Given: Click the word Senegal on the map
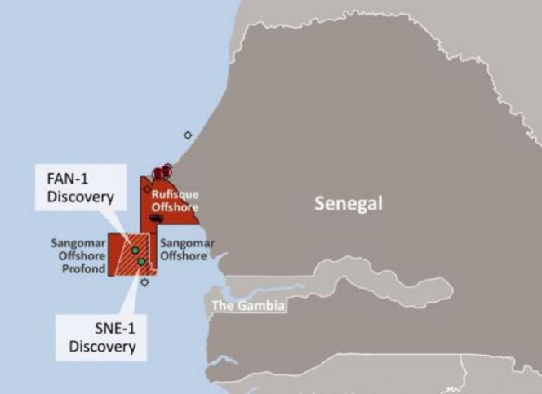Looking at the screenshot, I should click(x=348, y=203).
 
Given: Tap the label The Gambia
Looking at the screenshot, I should click(x=248, y=307).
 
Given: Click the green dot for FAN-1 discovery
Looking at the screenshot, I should click(x=135, y=250).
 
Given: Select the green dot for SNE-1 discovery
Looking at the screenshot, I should click(x=142, y=262).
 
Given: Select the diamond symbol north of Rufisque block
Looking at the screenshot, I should click(x=188, y=135).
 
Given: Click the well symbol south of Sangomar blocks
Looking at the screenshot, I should click(x=144, y=282).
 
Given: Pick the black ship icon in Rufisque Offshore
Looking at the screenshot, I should click(x=156, y=219).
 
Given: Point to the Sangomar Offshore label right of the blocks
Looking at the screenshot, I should click(x=187, y=249).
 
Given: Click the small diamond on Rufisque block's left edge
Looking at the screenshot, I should click(x=147, y=188).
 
